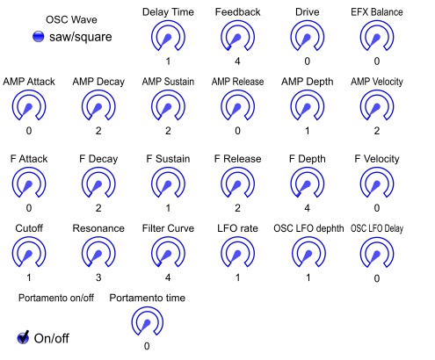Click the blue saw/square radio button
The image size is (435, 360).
coord(38,37)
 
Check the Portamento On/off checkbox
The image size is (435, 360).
coord(23,337)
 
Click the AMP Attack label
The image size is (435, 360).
coord(29,82)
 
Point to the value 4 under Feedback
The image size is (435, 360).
coord(237,61)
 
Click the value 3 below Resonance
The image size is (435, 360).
coord(98,277)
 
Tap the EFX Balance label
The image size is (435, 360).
coord(377,12)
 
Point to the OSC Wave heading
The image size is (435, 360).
coord(71,19)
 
